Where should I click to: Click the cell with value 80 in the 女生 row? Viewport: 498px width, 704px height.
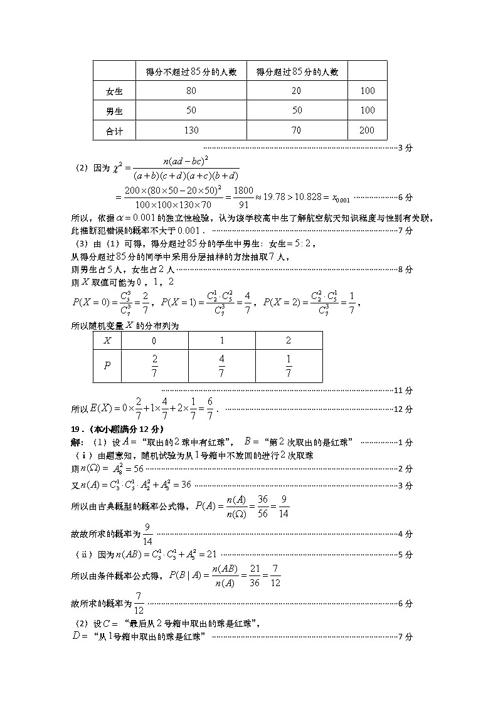191,91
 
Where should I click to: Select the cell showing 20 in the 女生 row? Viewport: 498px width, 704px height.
297,91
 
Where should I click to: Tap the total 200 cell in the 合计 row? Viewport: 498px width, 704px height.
368,130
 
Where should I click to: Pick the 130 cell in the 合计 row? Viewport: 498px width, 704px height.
191,130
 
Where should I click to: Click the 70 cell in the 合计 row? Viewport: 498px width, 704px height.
297,130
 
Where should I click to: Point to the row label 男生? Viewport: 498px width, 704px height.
114,111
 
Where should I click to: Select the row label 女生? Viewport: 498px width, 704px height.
114,91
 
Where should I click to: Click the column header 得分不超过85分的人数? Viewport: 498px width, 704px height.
191,71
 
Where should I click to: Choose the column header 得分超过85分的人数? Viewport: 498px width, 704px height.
297,71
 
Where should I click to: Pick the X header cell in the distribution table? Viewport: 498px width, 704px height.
107,340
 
